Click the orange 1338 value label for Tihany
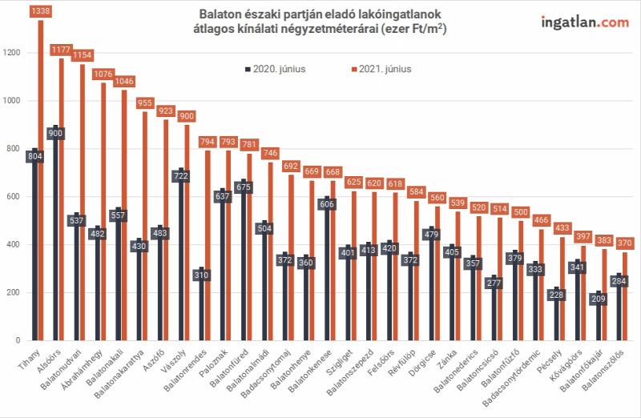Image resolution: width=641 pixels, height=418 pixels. click(x=41, y=11)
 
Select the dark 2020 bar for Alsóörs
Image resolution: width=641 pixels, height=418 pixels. click(x=55, y=233)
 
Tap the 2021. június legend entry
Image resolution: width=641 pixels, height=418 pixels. click(x=381, y=69)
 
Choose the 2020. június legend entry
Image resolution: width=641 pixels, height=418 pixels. click(x=276, y=69)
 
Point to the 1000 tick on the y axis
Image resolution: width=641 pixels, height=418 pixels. click(x=11, y=101)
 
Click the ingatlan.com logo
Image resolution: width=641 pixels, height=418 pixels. click(x=585, y=22)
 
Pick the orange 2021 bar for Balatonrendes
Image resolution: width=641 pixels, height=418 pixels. click(x=208, y=246)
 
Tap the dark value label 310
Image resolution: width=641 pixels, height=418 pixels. click(x=202, y=275)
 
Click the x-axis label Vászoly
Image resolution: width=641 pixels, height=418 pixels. click(x=174, y=361)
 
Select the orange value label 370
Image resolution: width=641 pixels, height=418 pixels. click(x=625, y=243)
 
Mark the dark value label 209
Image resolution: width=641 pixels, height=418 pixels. click(x=599, y=299)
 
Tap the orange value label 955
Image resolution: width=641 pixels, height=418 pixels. click(x=145, y=103)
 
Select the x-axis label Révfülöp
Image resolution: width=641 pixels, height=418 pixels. click(x=402, y=362)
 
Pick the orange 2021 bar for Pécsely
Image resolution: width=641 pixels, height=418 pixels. click(x=562, y=289)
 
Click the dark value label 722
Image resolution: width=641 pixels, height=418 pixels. click(x=181, y=176)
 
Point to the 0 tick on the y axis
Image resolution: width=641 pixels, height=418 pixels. click(x=18, y=340)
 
